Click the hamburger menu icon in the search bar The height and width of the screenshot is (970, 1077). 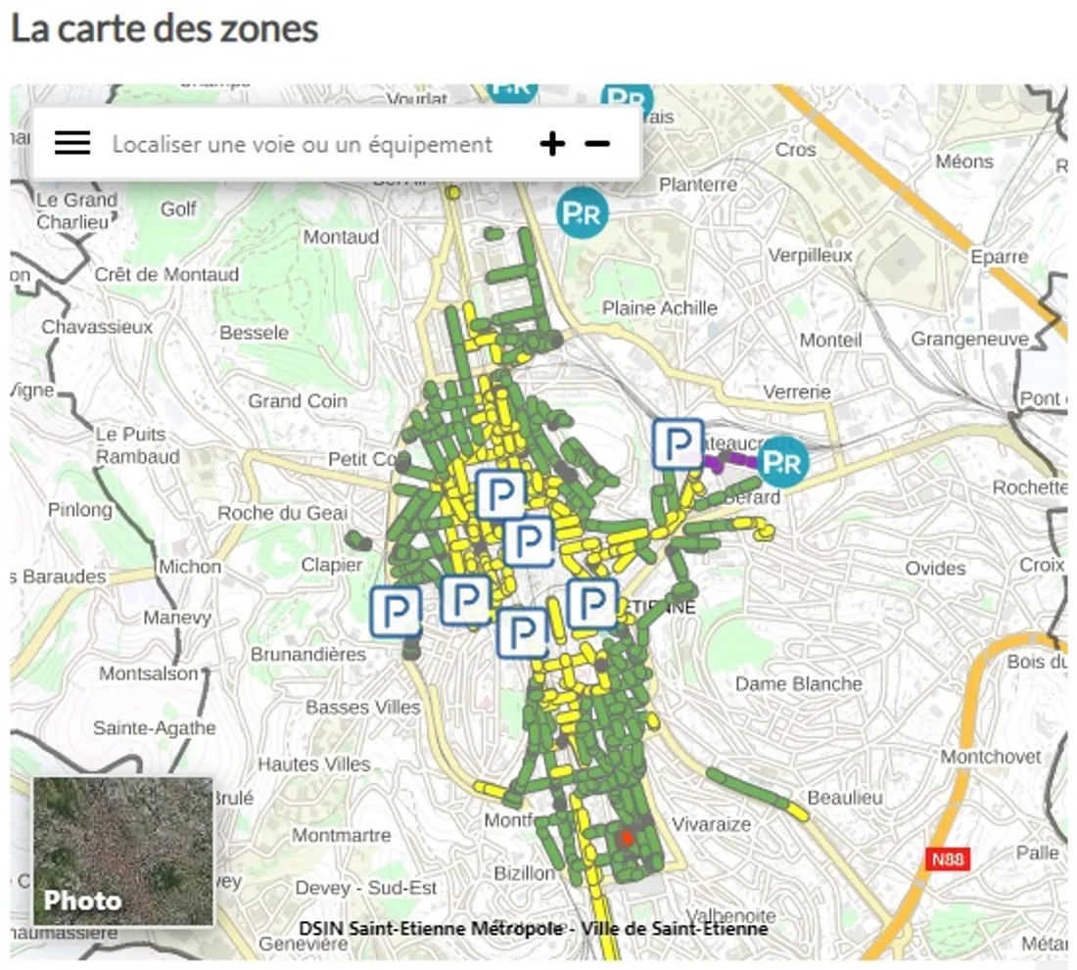coord(72,144)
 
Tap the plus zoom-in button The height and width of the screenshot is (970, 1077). coord(552,144)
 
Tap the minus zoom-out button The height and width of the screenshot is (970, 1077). coord(597,144)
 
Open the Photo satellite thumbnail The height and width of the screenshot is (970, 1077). coord(122,852)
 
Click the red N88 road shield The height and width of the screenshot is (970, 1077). coord(947,859)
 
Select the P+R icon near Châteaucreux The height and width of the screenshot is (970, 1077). coord(783,461)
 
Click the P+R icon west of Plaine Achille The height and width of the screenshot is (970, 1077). coord(582,213)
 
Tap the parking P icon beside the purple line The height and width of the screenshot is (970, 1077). coord(679,443)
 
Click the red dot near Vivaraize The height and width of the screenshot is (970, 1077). coord(627,838)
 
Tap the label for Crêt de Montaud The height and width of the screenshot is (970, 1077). coord(166,275)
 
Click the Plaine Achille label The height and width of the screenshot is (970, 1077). coord(659,308)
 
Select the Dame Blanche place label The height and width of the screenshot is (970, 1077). coord(798,683)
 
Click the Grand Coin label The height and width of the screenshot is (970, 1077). coord(297,400)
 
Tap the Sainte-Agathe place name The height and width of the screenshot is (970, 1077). coord(154,728)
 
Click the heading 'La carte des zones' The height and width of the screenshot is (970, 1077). coord(164,28)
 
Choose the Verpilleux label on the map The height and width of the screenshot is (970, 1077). coord(810,255)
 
